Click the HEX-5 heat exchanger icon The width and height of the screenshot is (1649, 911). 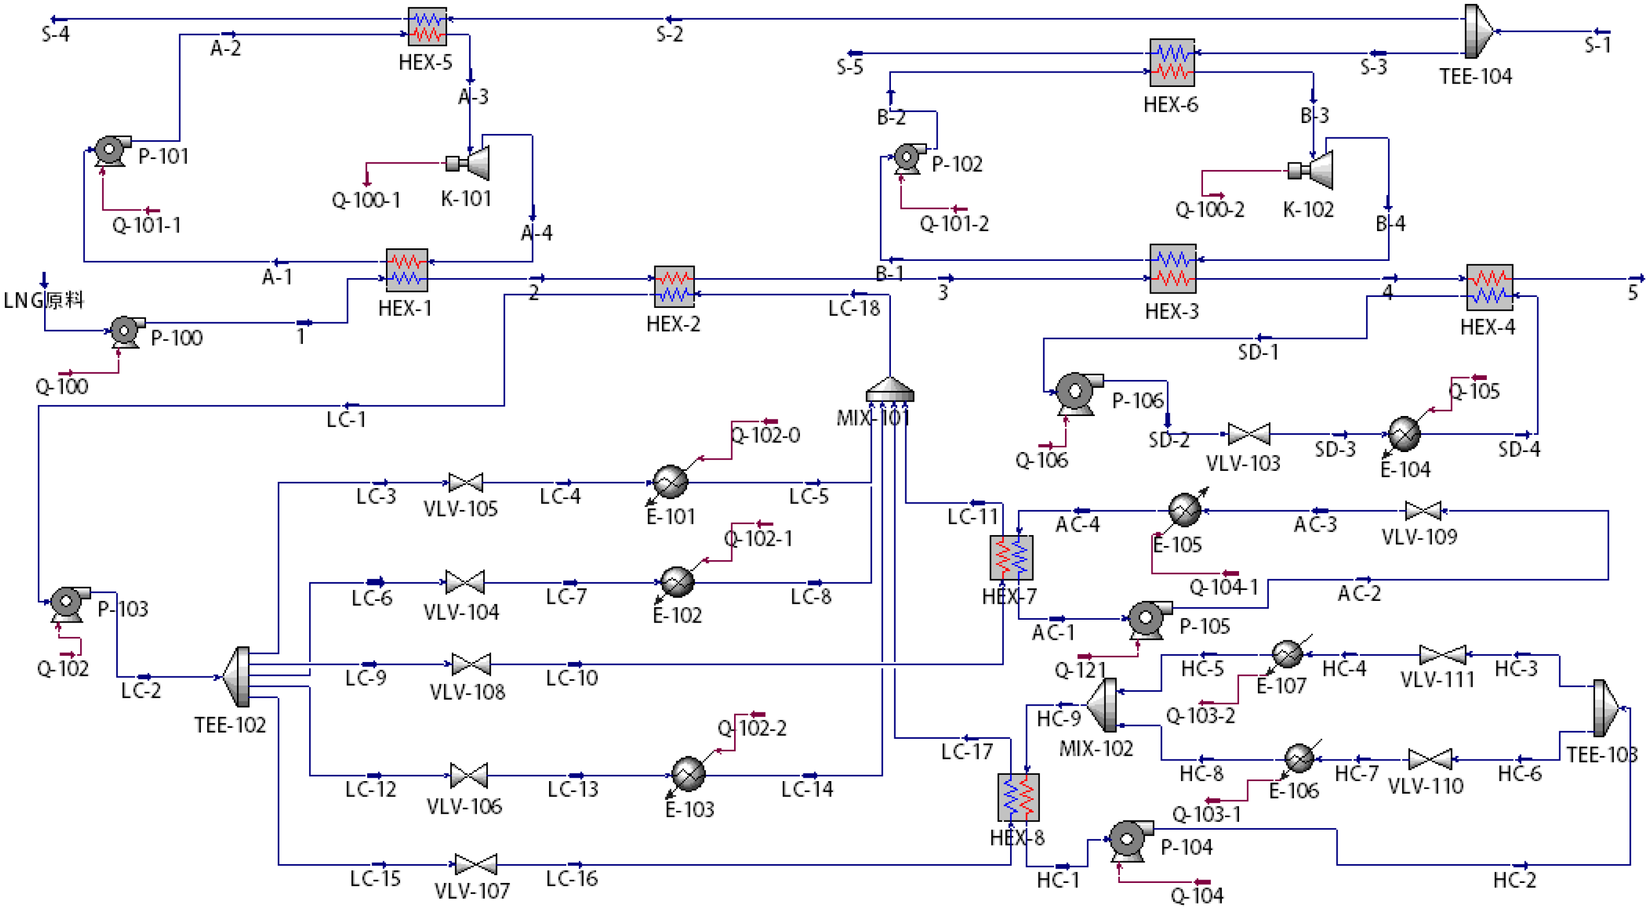pos(427,26)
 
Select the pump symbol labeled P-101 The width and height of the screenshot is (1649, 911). pos(110,151)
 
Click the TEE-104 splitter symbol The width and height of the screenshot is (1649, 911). pos(1478,31)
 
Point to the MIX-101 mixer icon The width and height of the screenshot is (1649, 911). pos(889,389)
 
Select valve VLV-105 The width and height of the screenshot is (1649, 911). pos(465,482)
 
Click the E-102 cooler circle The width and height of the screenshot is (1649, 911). pos(677,581)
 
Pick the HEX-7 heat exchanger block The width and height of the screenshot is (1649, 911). pos(1011,558)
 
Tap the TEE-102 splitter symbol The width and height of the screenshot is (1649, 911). pos(238,676)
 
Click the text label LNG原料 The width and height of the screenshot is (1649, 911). pos(44,300)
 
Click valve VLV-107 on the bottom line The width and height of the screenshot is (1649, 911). pos(475,864)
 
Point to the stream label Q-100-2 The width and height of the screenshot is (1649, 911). pos(1209,210)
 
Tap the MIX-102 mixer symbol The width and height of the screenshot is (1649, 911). pos(1103,706)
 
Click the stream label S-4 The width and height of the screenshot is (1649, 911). pos(55,34)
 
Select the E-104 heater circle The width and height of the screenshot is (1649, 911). pos(1404,434)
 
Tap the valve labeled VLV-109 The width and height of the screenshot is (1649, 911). pos(1422,510)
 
